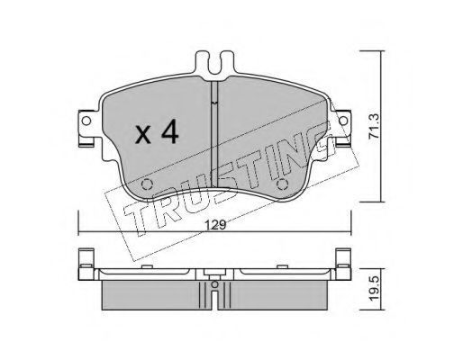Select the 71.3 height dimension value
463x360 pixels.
click(x=374, y=126)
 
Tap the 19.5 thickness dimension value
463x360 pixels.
click(x=374, y=289)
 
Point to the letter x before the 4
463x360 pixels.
click(x=143, y=134)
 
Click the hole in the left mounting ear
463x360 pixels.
click(x=86, y=121)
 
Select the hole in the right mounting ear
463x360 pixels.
click(x=343, y=121)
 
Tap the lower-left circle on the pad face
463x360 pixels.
click(x=147, y=184)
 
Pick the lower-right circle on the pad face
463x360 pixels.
click(x=282, y=184)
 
